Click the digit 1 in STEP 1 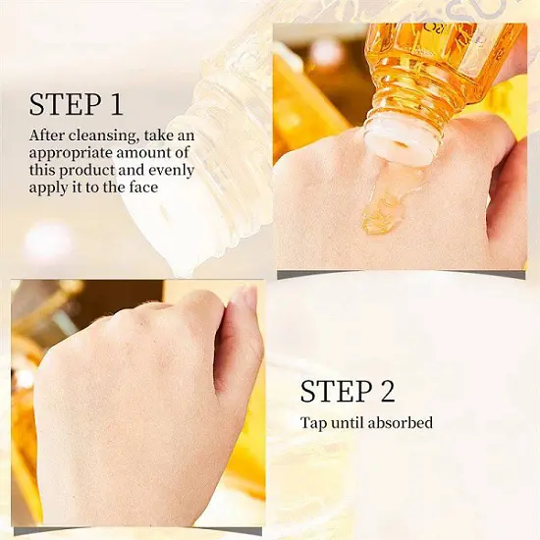tap(117, 104)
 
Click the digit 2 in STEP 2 tap(387, 391)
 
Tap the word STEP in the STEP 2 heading tap(336, 391)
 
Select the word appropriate tap(71, 154)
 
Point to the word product tap(96, 171)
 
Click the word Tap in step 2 tap(313, 423)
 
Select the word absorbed tap(400, 422)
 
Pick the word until tap(347, 422)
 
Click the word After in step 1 tap(47, 135)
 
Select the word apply tap(42, 189)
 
